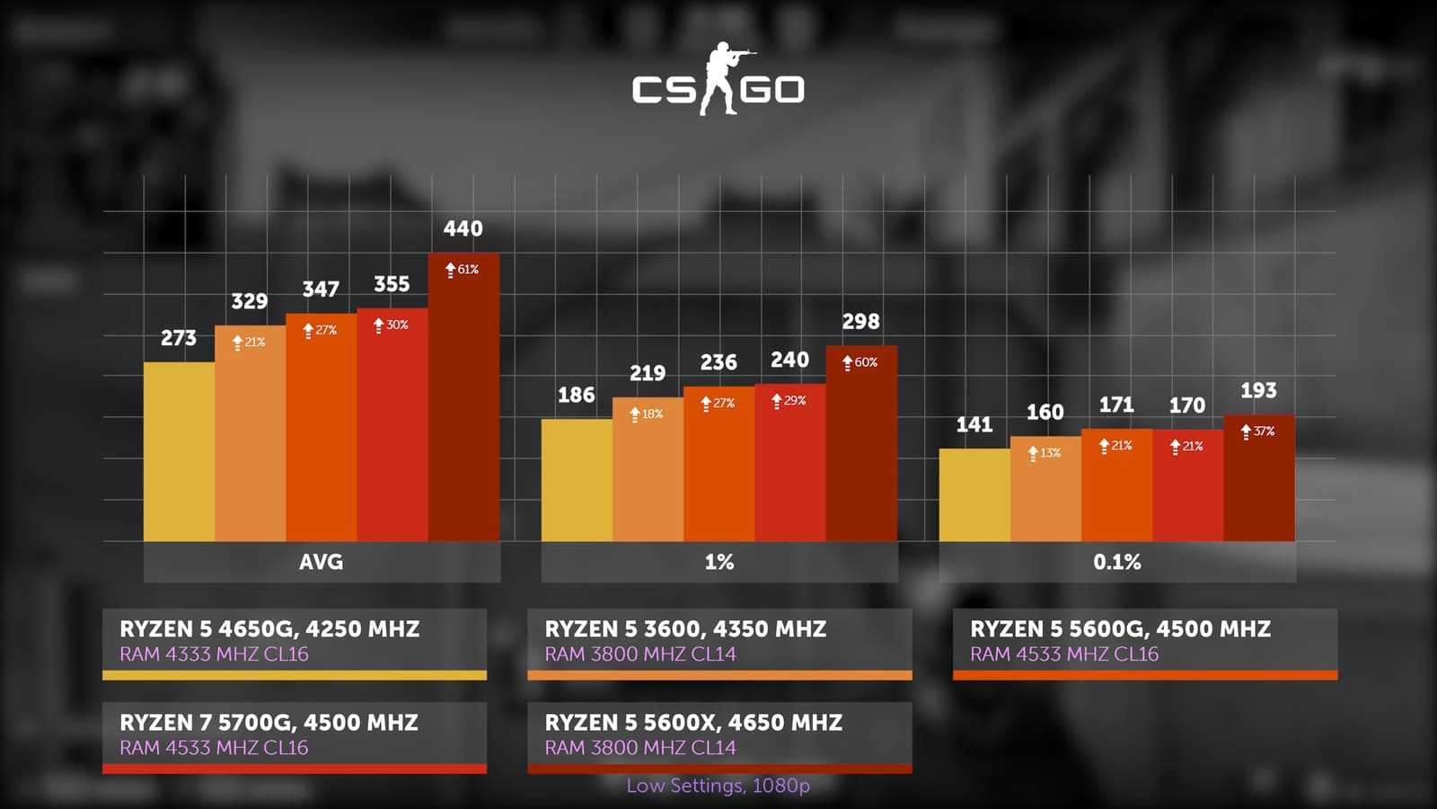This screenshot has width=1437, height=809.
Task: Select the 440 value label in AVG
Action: [463, 229]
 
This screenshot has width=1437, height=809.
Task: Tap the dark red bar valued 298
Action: [861, 449]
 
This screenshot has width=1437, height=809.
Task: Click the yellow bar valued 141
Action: [974, 495]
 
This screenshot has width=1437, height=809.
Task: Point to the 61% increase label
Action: [463, 270]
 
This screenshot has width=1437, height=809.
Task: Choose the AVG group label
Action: [322, 563]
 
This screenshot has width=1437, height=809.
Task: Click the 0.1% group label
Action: [1117, 563]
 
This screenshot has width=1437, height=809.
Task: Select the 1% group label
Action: [719, 563]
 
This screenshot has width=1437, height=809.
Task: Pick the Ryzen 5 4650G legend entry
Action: [295, 642]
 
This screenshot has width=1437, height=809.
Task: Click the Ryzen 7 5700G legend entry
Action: [295, 735]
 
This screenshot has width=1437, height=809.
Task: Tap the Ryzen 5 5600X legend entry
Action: [719, 735]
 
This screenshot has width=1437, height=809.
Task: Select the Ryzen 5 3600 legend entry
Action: [719, 642]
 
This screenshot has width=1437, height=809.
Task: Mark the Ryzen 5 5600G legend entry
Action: [1145, 642]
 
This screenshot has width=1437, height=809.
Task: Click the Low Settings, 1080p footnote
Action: [718, 786]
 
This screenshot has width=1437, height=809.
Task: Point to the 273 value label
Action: [179, 338]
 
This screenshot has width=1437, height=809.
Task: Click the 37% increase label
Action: [1258, 431]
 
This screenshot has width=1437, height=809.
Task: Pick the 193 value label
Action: [1258, 391]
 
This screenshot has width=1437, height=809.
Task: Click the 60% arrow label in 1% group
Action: [860, 362]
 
